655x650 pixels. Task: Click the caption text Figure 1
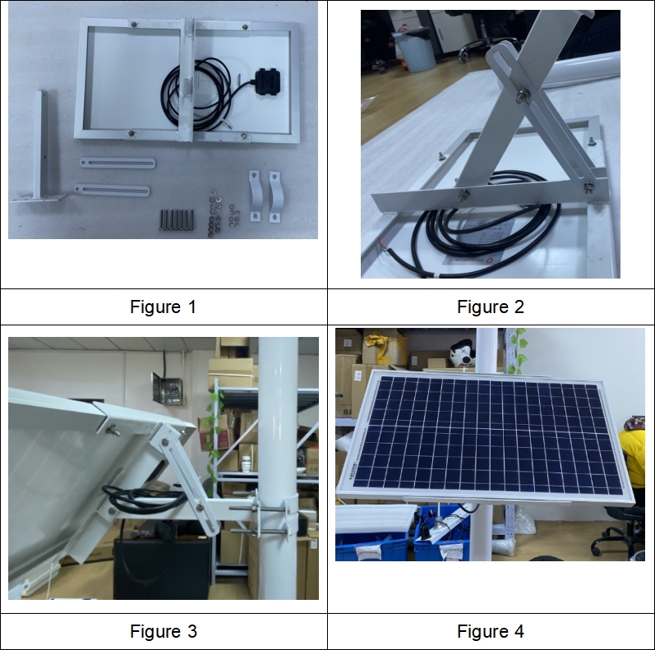click(x=163, y=307)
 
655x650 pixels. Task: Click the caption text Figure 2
click(x=491, y=307)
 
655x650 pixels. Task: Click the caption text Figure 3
click(x=163, y=631)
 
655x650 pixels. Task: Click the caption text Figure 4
click(x=491, y=631)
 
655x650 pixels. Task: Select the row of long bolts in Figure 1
click(x=176, y=219)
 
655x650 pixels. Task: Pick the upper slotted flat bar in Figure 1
click(x=118, y=163)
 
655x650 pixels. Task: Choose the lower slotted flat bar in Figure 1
click(x=112, y=191)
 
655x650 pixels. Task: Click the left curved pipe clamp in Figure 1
click(x=255, y=195)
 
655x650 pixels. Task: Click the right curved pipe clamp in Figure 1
click(x=274, y=196)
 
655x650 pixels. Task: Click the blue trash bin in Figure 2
click(x=414, y=50)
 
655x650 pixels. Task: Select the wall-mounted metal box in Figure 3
click(x=167, y=389)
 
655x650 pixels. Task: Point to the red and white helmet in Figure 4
click(x=463, y=353)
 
